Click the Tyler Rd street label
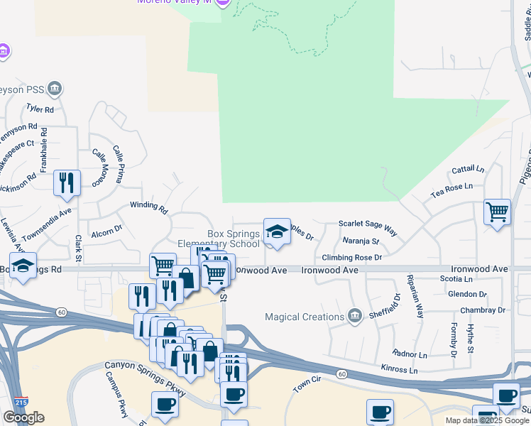[x=40, y=109]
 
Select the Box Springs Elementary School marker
[x=277, y=231]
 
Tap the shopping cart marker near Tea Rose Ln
[x=497, y=212]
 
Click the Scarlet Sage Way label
[x=367, y=226]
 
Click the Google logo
[x=23, y=417]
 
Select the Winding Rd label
[x=148, y=207]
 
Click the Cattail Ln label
[x=468, y=170]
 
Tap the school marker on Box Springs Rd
[x=23, y=266]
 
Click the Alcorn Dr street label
[x=106, y=231]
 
